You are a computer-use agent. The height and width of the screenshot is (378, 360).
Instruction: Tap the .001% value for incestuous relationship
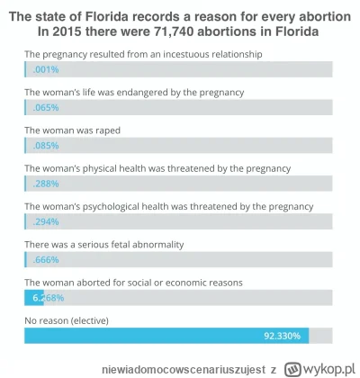click(x=42, y=70)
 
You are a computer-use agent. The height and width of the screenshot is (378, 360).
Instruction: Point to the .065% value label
click(x=42, y=108)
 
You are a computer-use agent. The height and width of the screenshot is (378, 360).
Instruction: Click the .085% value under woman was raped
click(x=42, y=146)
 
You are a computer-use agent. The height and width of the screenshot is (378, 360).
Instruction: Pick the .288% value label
click(x=42, y=184)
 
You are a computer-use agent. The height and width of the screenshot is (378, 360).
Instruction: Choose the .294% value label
click(x=42, y=221)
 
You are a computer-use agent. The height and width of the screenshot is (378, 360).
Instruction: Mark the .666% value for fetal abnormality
click(x=44, y=259)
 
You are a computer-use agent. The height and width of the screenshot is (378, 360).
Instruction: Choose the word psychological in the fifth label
click(x=119, y=205)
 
